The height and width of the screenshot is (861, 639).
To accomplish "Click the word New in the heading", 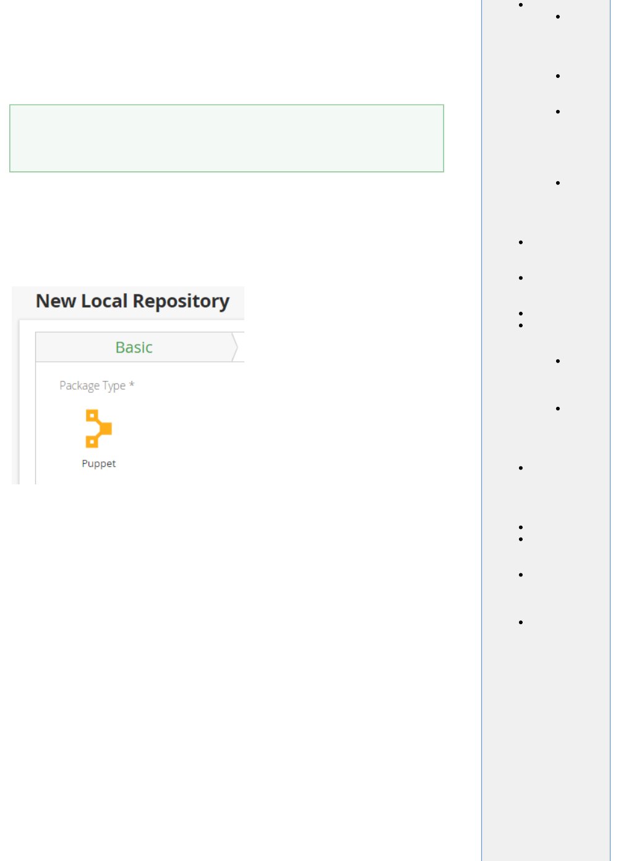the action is tap(56, 301).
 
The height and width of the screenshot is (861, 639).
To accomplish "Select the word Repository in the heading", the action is tap(181, 301).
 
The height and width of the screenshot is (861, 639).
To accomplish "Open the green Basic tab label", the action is tap(134, 348).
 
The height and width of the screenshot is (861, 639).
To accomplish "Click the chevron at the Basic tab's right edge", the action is tap(235, 347).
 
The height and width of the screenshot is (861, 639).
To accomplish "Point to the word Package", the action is tap(79, 386).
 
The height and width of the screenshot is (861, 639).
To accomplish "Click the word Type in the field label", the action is tap(114, 386).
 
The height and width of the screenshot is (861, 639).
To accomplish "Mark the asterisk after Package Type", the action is tap(132, 385).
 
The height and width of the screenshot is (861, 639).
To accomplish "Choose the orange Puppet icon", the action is tap(98, 429).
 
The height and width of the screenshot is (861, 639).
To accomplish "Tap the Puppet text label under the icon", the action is tap(98, 464).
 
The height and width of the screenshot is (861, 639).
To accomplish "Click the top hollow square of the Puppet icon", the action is tap(92, 415).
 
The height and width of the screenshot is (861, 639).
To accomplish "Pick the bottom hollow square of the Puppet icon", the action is tap(92, 442).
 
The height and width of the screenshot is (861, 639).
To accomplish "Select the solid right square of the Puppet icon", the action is tap(106, 428).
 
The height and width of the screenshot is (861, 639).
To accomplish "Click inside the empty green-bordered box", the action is tap(226, 138).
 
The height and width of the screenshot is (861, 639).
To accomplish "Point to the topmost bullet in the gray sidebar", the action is tap(521, 5).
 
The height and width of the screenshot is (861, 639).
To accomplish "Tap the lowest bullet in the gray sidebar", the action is tap(521, 622).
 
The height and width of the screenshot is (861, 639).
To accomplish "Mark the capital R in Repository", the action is tap(139, 301).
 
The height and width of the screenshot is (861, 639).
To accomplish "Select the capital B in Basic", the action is tap(120, 348).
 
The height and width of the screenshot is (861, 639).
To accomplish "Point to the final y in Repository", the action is tap(224, 303).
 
